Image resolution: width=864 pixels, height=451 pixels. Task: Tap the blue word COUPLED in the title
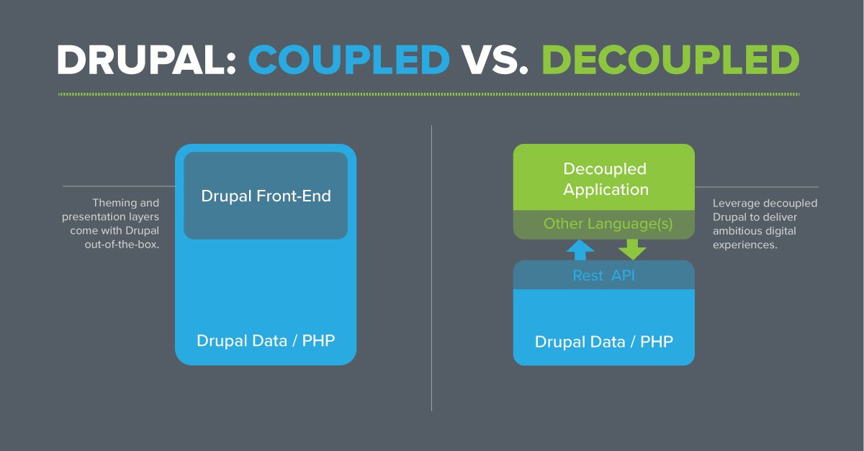click(349, 60)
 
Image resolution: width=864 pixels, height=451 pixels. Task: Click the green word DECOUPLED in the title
click(670, 60)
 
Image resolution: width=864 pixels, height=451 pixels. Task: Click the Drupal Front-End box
click(266, 196)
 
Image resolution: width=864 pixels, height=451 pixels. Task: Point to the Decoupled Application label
click(605, 179)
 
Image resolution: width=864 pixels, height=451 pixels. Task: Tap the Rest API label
click(603, 275)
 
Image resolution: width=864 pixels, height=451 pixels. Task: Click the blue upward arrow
click(580, 249)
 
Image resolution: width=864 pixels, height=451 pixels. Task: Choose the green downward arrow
click(631, 249)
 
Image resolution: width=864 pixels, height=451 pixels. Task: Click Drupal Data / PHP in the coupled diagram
click(266, 340)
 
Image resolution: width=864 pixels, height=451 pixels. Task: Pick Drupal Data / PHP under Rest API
click(603, 341)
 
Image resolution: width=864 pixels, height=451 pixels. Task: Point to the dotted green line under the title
click(428, 94)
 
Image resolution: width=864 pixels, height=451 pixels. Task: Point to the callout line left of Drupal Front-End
click(119, 186)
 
